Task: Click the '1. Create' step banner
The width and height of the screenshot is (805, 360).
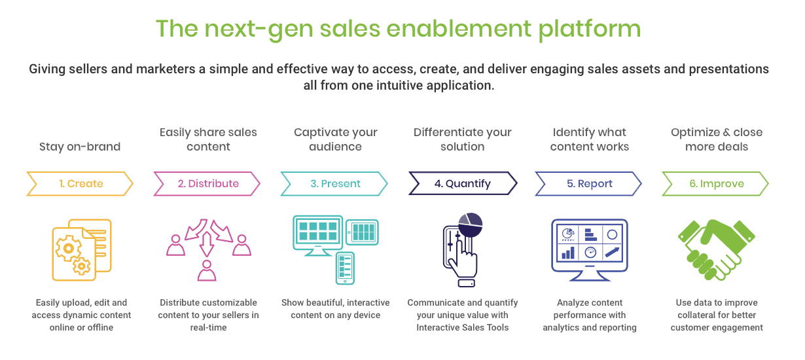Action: [80, 183]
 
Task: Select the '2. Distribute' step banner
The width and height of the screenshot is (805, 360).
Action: [207, 183]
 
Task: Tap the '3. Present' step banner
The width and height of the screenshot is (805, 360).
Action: [334, 183]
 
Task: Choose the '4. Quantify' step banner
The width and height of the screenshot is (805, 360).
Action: [463, 183]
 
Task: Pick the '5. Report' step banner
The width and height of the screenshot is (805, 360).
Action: [588, 183]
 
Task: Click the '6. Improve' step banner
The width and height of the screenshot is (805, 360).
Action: [715, 183]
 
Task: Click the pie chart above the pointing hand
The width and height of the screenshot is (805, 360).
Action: [471, 225]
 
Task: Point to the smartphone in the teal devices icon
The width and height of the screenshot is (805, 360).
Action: [345, 268]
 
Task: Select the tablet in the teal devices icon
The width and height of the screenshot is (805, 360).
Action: [363, 232]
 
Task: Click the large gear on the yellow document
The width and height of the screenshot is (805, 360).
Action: [67, 248]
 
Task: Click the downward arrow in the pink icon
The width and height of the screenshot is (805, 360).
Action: [207, 244]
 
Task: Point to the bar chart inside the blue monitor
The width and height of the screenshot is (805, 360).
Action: [568, 253]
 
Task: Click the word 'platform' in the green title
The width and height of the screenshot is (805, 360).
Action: [590, 29]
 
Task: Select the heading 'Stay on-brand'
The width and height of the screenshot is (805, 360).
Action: [80, 147]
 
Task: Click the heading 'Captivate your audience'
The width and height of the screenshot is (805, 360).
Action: [335, 139]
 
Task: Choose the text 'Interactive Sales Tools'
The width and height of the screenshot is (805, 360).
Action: [463, 327]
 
